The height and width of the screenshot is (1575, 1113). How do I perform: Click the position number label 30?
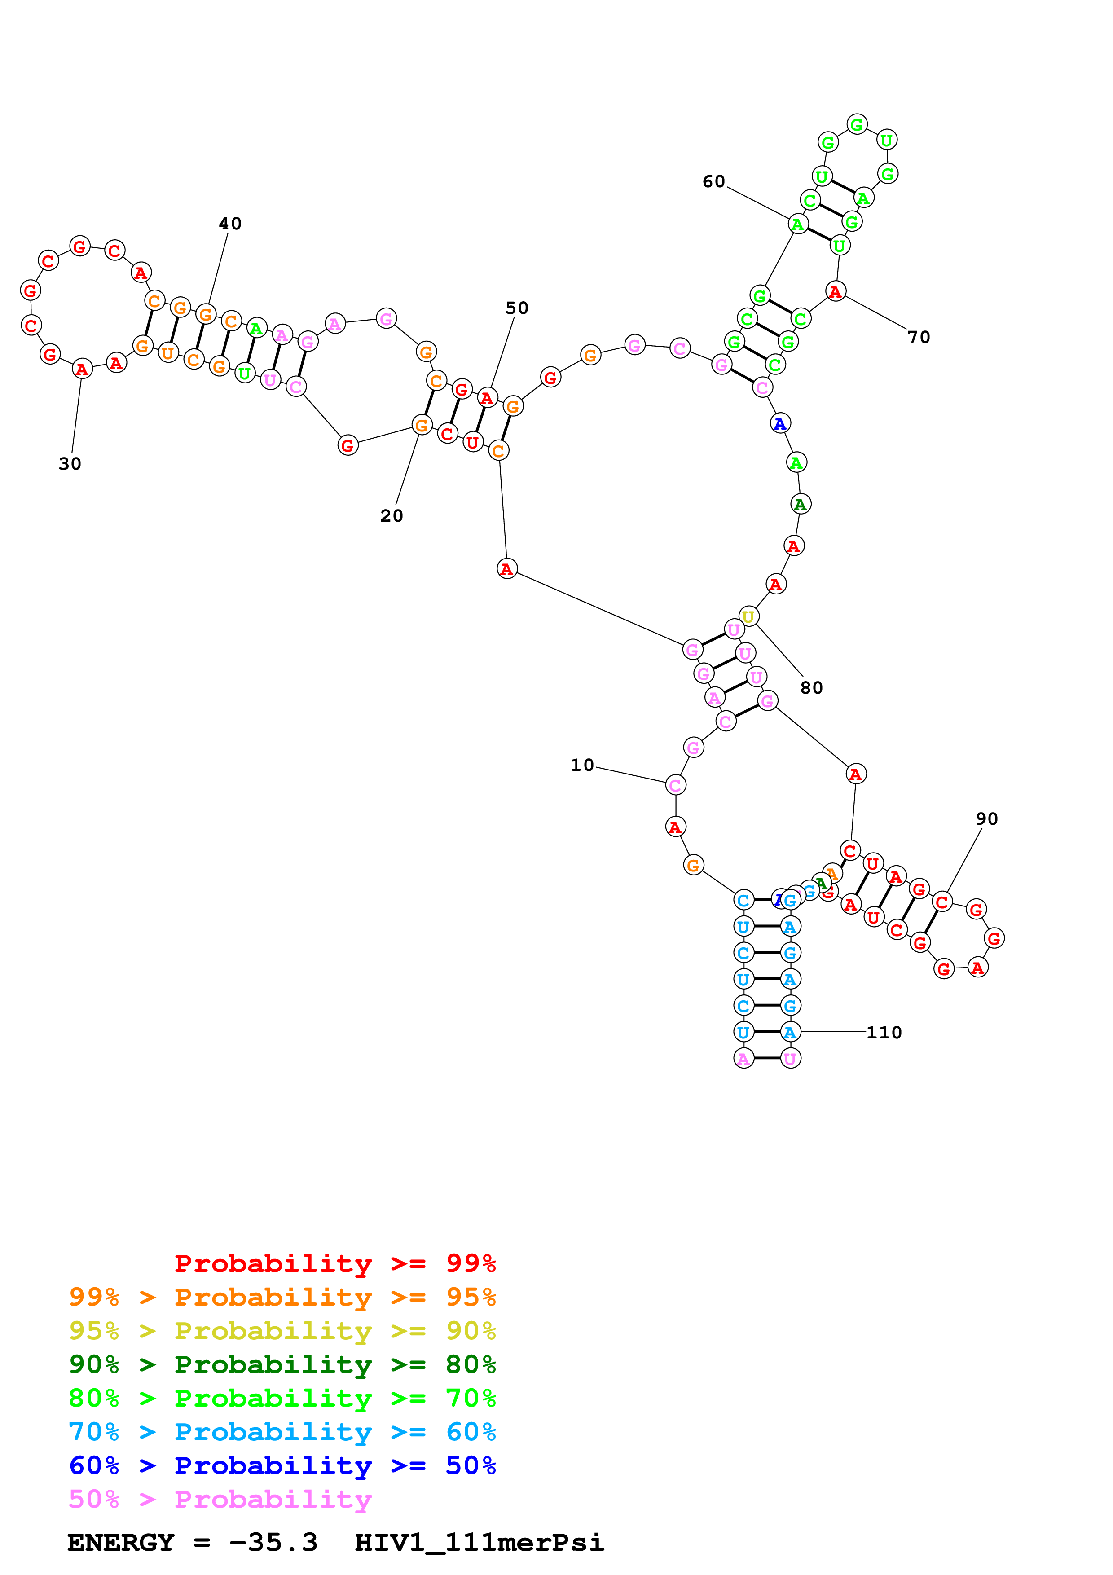(70, 464)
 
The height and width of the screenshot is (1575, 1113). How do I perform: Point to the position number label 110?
(884, 1032)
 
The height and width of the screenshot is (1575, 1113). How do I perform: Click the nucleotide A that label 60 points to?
(797, 224)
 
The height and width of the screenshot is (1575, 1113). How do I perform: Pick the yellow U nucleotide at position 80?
(748, 617)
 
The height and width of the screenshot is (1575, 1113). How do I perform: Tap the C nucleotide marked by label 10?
(676, 785)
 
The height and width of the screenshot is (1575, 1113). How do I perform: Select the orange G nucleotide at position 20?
(422, 425)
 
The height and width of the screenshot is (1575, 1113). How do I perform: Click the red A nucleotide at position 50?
(487, 398)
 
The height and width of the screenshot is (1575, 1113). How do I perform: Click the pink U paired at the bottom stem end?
(790, 1059)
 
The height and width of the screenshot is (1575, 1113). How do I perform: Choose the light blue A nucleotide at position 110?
(790, 1032)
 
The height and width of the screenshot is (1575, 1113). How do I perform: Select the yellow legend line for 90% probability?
(282, 1331)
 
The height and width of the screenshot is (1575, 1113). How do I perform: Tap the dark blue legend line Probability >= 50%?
(282, 1465)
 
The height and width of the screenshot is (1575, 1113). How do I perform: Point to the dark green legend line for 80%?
(282, 1364)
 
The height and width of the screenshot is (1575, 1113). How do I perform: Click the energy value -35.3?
(273, 1542)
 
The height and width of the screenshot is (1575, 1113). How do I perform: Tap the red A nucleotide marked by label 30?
(82, 369)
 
